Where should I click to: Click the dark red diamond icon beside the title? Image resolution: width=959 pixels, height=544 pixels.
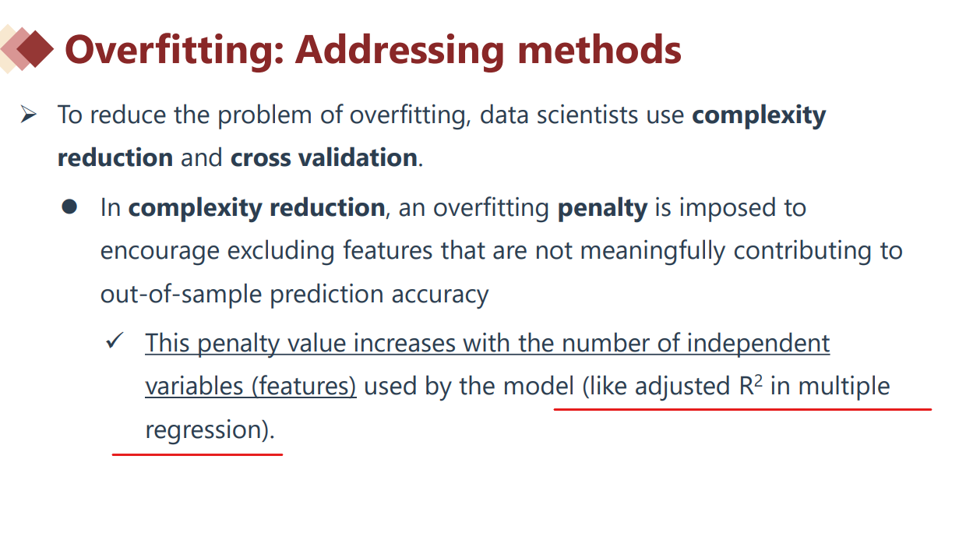pos(35,49)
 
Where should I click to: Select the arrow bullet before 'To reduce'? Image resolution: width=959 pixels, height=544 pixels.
pos(28,115)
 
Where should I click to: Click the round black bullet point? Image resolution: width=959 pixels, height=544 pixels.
pos(69,207)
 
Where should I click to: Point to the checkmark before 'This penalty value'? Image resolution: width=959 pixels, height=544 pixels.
pos(115,340)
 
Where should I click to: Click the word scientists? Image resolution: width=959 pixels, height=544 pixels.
pos(587,115)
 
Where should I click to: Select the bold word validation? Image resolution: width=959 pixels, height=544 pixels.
pos(358,157)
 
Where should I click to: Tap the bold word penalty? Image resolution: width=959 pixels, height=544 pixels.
pos(602,209)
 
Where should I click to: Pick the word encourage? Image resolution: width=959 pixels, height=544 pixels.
pos(160,252)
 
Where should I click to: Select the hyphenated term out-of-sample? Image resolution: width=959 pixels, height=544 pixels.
pos(181,295)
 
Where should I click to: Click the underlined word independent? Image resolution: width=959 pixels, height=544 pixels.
pos(759,344)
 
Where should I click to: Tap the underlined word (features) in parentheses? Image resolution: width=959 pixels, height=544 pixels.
pos(304,387)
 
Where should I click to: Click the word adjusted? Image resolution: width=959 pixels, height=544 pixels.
pos(682,387)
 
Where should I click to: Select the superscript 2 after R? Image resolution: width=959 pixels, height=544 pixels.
pos(758,380)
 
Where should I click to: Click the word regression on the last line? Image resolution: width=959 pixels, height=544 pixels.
pos(203,430)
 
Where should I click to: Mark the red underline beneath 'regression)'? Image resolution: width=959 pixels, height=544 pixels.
pos(197,454)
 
